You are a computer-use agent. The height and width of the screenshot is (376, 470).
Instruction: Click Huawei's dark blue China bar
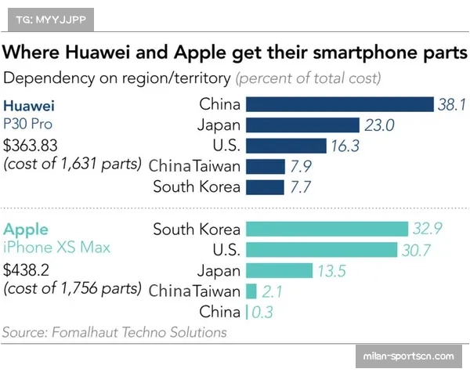point(340,104)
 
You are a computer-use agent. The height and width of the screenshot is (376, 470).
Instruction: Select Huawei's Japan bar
point(302,125)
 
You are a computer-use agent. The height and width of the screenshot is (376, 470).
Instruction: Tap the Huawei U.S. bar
point(286,146)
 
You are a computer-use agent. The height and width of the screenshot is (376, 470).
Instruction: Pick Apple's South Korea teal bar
point(327,229)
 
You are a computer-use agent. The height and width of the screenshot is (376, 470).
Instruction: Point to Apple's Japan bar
point(280,270)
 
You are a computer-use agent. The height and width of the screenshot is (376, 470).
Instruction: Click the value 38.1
point(451,104)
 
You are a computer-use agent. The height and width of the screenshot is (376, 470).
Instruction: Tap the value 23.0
point(378,125)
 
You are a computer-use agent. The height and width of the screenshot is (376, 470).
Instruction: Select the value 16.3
point(343,146)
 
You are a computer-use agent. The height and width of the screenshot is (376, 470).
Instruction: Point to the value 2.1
point(273,291)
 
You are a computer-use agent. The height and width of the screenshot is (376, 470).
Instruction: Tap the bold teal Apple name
point(26,230)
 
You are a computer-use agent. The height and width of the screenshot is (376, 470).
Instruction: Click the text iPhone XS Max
point(56,248)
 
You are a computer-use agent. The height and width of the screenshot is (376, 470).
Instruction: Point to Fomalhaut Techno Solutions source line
point(114,332)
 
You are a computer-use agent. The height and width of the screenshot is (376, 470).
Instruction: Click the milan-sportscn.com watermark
point(409,356)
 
